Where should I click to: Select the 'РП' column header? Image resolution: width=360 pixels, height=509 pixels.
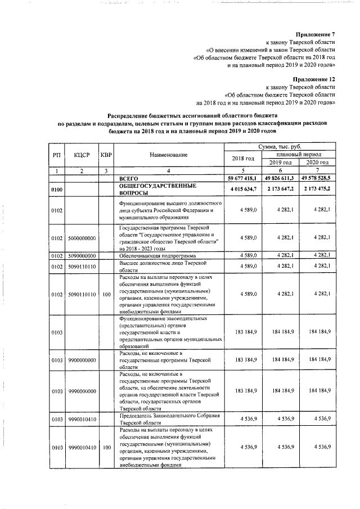tap(56, 155)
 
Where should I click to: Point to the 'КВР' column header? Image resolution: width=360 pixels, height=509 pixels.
tap(105, 155)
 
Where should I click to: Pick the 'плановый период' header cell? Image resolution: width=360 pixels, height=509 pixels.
tap(299, 154)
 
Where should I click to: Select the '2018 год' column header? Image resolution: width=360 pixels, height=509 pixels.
tap(243, 158)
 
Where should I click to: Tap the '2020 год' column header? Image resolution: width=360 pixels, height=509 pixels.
tap(318, 162)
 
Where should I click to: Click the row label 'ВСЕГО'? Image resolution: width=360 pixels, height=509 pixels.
tap(129, 178)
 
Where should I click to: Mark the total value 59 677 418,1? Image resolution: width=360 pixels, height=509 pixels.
tap(242, 178)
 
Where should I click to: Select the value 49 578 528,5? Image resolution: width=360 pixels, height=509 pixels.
tap(318, 178)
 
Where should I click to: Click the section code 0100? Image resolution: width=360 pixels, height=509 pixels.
tap(56, 190)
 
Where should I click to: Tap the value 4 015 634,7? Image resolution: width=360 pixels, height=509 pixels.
tap(243, 188)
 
